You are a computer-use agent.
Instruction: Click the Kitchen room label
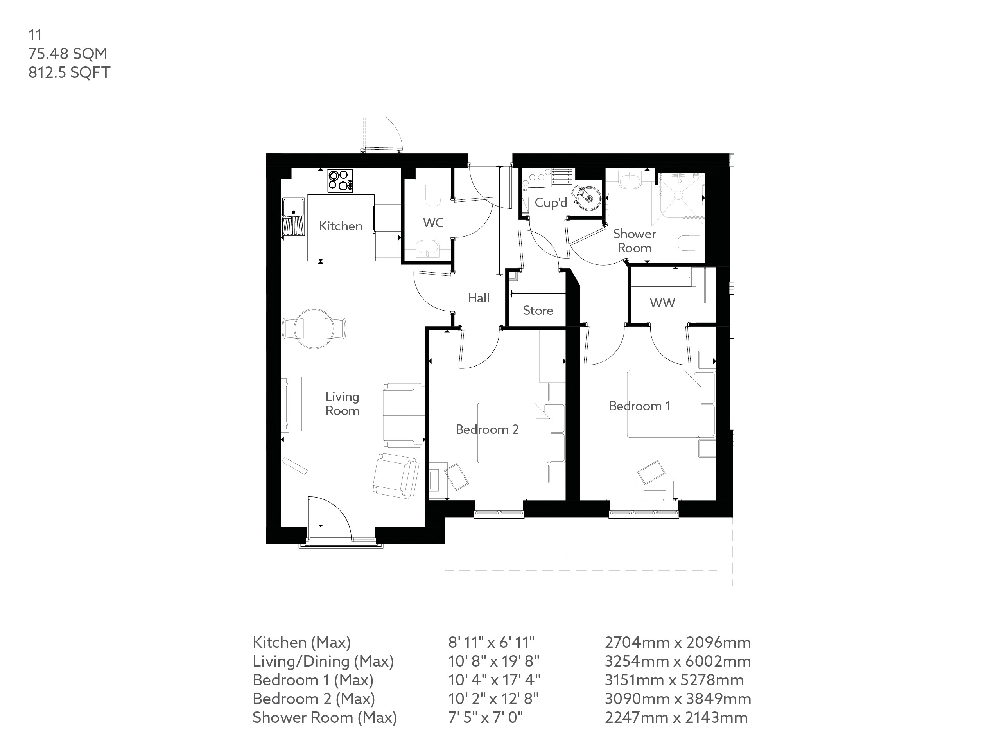tap(341, 226)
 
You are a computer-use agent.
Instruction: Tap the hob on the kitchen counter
tap(340, 181)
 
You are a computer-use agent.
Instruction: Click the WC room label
tap(433, 223)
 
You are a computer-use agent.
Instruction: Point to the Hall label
tap(478, 298)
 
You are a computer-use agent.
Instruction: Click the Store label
tap(538, 311)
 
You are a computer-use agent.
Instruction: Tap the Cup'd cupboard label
tap(550, 202)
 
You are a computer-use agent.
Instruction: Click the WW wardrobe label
tap(662, 303)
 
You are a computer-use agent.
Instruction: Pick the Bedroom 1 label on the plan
tap(639, 406)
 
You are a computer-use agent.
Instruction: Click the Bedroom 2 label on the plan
tap(487, 429)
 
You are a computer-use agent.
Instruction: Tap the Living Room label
tap(342, 404)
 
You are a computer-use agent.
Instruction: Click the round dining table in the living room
tap(314, 329)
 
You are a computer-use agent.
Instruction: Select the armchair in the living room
tap(395, 476)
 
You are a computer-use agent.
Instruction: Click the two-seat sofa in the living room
tap(403, 415)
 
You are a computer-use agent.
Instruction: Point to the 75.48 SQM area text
tap(68, 54)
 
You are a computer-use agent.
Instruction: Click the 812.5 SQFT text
tap(69, 72)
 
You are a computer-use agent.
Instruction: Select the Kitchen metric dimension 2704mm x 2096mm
tap(678, 642)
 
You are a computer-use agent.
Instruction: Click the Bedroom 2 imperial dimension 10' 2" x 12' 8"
tap(493, 699)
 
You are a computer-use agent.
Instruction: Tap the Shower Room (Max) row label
tap(325, 717)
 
